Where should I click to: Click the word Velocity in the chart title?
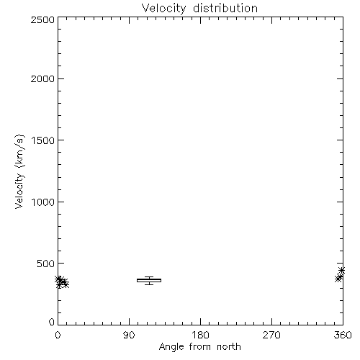pos(164,9)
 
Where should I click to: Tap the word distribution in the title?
pos(225,8)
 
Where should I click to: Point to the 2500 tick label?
pos(42,19)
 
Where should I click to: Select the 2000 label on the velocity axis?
pos(42,78)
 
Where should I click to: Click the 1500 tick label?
pos(43,140)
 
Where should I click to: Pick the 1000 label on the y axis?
pos(43,202)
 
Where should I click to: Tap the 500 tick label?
pos(46,264)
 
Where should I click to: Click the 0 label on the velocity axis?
pos(52,322)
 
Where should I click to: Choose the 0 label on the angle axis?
pos(58,335)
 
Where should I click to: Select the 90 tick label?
pos(129,335)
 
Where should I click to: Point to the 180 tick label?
pos(200,335)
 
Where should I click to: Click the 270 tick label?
pos(271,335)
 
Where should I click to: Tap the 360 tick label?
pos(343,335)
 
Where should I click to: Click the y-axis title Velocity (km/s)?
pos(19,171)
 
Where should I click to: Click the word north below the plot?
pos(229,346)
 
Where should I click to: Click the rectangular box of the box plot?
pos(149,279)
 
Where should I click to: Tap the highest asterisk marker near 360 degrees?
pos(341,271)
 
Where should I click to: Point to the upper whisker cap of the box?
pos(149,276)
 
